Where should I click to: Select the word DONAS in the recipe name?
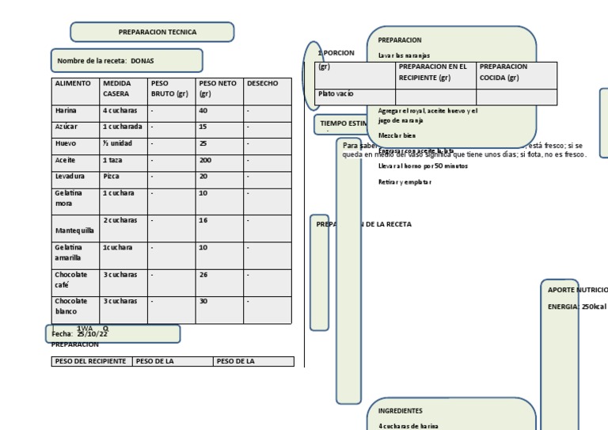(142, 61)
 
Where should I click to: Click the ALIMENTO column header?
(73, 83)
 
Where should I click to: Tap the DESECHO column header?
(263, 83)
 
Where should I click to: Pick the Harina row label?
(66, 111)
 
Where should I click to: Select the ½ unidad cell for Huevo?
(117, 143)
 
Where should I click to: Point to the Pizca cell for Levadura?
(112, 176)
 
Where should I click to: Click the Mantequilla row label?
(75, 230)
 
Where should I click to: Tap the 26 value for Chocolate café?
(203, 275)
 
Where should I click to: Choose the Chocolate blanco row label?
(71, 306)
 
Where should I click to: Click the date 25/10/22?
(93, 334)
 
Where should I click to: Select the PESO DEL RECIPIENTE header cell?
(90, 361)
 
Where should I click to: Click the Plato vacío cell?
(336, 94)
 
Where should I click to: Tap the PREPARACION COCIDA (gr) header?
(503, 72)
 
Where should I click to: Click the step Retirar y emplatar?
(405, 182)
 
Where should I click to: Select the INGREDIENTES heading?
(401, 411)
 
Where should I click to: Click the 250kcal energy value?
(595, 306)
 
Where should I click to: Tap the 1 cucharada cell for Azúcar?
(123, 127)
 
